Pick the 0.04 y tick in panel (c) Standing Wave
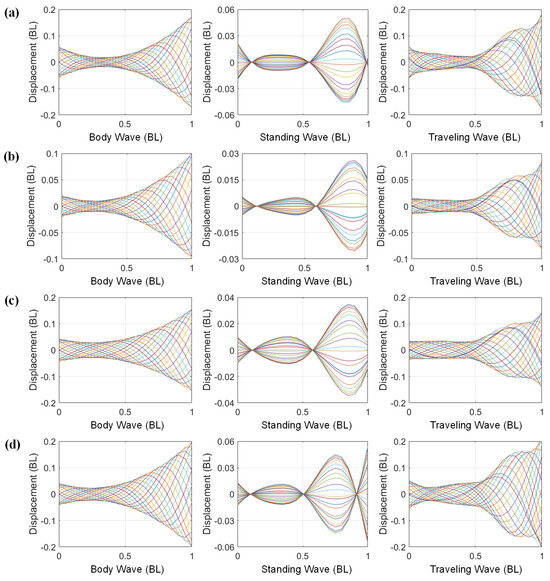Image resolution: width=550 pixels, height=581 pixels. [x=222, y=298]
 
